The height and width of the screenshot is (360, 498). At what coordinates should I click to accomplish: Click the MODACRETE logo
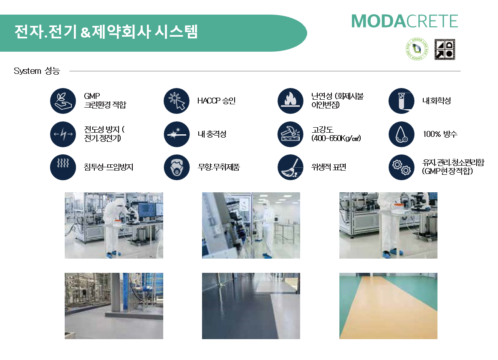[x=404, y=21]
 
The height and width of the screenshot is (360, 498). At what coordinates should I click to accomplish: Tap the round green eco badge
[x=417, y=49]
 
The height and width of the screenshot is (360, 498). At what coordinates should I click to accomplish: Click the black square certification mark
[x=445, y=49]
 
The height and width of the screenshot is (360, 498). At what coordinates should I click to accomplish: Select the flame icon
[x=290, y=101]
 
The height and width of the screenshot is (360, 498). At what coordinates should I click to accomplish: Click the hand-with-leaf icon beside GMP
[x=63, y=101]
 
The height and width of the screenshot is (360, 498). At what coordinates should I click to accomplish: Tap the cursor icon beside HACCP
[x=177, y=101]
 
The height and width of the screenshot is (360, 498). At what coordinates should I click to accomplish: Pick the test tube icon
[x=402, y=101]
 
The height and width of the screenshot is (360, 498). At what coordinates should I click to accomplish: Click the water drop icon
[x=402, y=134]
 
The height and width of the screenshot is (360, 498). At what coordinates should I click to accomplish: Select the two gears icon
[x=402, y=167]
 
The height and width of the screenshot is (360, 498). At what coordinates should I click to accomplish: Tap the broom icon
[x=290, y=167]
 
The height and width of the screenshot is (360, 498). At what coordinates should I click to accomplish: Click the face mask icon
[x=177, y=167]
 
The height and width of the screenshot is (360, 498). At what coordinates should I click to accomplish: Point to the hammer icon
[x=290, y=134]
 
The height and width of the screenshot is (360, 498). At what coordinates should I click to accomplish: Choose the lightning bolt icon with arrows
[x=63, y=134]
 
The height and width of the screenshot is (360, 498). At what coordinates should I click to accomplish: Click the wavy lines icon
[x=63, y=167]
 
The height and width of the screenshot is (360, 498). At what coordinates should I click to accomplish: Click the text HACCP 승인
[x=216, y=101]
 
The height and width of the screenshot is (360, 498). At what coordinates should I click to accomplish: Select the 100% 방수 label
[x=440, y=134]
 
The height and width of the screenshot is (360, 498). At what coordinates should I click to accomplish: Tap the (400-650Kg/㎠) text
[x=336, y=138]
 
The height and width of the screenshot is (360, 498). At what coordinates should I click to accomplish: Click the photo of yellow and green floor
[x=388, y=306]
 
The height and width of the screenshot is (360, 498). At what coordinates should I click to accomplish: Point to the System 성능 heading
[x=37, y=71]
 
